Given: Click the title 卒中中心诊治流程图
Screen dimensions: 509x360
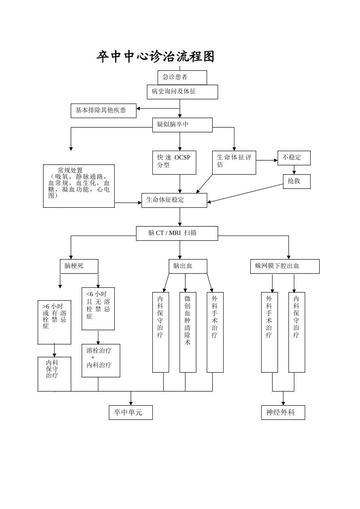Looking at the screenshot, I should (x=155, y=57).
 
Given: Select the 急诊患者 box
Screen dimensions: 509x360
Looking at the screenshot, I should (x=182, y=77).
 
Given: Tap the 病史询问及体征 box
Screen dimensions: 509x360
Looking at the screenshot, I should (x=182, y=92).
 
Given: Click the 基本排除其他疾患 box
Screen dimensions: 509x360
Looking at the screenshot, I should (x=103, y=111).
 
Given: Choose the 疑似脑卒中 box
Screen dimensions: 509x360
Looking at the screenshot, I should (x=182, y=125).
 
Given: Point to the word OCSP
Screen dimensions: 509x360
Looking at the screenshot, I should (x=182, y=158).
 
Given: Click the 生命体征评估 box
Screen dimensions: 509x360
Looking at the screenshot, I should (x=234, y=162).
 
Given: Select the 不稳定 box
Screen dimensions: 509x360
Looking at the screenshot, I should (x=294, y=158).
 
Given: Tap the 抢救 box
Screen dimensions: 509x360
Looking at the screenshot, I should (x=296, y=181).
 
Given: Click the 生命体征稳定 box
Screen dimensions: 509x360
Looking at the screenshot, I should (x=174, y=200).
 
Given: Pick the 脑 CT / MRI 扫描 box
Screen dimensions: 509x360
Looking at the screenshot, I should (x=177, y=233).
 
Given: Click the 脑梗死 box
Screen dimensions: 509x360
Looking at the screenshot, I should (x=79, y=266).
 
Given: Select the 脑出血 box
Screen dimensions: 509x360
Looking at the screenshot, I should (x=188, y=266).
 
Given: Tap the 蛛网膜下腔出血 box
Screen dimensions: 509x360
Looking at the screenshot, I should (x=285, y=266).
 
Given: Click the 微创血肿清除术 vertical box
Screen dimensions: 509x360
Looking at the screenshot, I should (x=188, y=332).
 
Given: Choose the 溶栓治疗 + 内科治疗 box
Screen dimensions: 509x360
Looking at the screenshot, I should (x=101, y=360).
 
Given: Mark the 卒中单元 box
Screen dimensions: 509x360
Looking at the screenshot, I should (x=131, y=412).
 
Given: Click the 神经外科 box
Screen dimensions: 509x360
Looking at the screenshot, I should (x=283, y=412).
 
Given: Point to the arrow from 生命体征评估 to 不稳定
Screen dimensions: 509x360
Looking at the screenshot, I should (x=267, y=161).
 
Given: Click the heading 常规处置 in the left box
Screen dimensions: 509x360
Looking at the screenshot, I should (x=70, y=171).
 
